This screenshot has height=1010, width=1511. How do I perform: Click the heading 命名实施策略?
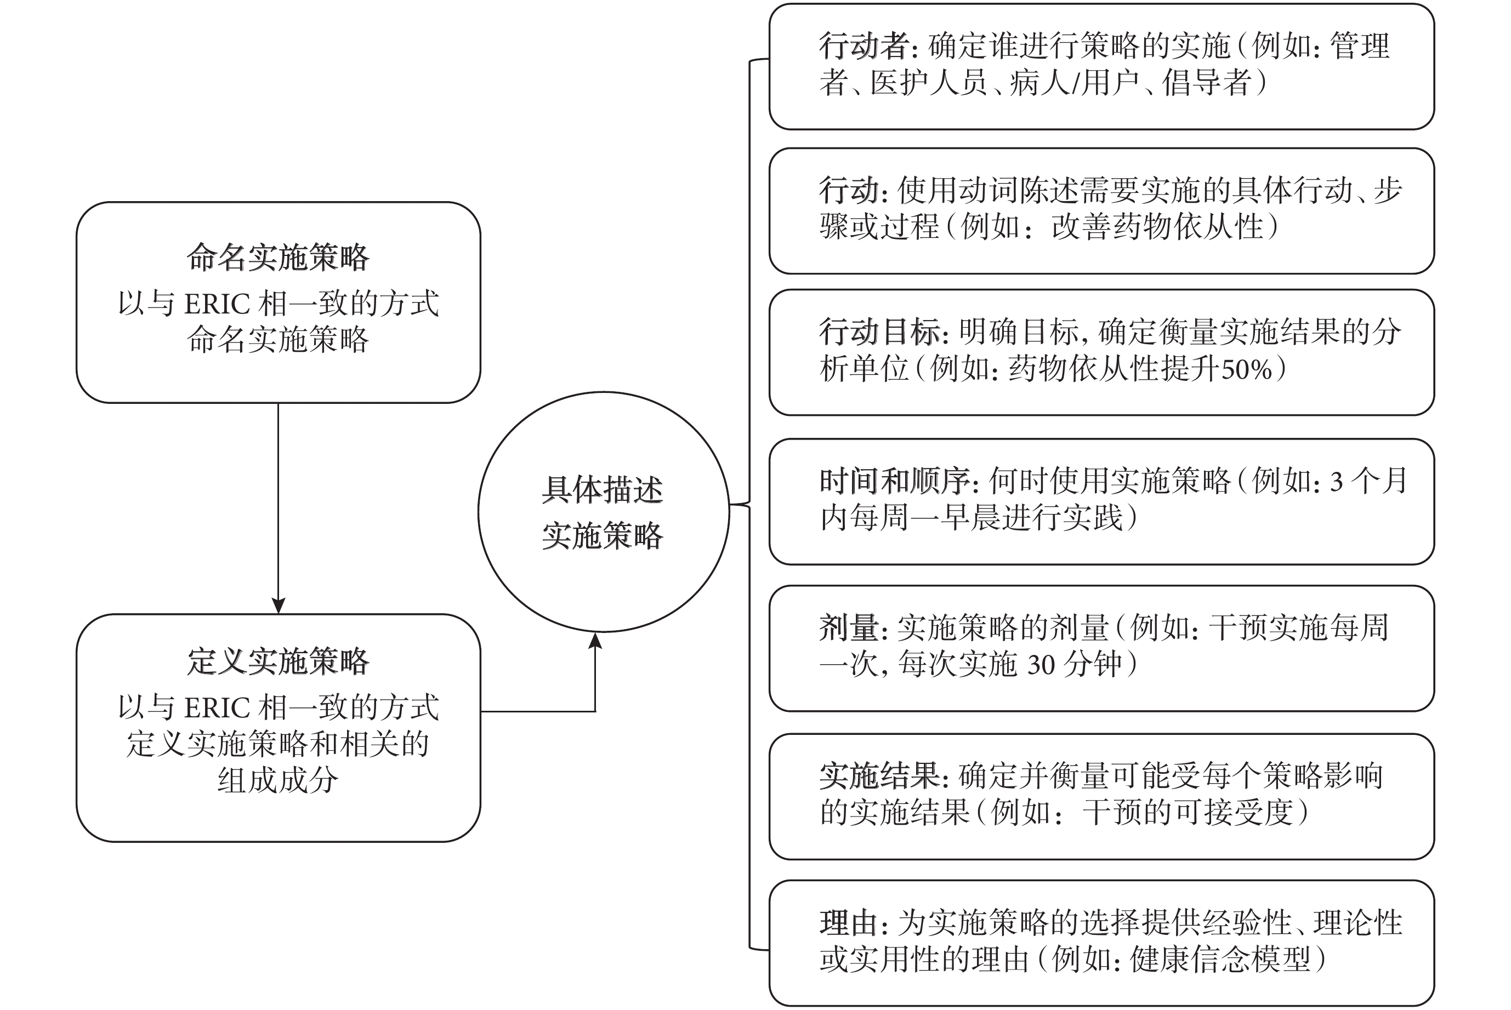tap(278, 258)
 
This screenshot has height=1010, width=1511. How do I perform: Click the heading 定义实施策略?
tap(278, 661)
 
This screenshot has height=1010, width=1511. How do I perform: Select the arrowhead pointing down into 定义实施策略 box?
tap(279, 606)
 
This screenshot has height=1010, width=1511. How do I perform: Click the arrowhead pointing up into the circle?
tap(595, 640)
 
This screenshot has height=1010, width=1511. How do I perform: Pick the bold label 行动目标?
tap(880, 332)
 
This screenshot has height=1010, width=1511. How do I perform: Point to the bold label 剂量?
tap(849, 628)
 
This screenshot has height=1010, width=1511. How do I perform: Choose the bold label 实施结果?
tap(880, 776)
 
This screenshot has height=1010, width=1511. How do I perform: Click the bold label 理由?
tap(849, 923)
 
